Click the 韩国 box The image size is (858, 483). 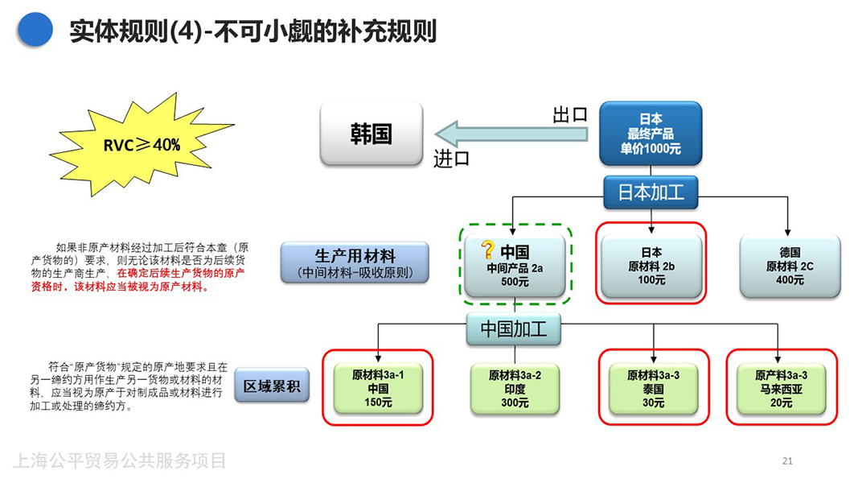click(371, 134)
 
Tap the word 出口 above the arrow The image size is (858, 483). click(569, 115)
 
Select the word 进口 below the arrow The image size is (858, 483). click(451, 159)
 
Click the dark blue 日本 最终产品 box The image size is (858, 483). click(651, 134)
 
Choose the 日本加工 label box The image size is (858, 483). click(651, 192)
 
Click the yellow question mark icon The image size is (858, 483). click(487, 250)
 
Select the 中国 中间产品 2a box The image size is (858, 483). click(515, 265)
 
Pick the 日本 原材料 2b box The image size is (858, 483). click(651, 265)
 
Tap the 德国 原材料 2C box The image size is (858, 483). click(789, 265)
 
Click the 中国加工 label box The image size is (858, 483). click(515, 328)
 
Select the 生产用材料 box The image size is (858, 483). click(355, 262)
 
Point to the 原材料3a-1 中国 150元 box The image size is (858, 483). click(377, 388)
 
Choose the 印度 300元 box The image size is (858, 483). click(515, 388)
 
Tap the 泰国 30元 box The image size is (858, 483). click(653, 388)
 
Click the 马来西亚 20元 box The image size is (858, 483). click(781, 388)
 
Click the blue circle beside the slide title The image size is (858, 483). click(35, 30)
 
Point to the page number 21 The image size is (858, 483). click(787, 461)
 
